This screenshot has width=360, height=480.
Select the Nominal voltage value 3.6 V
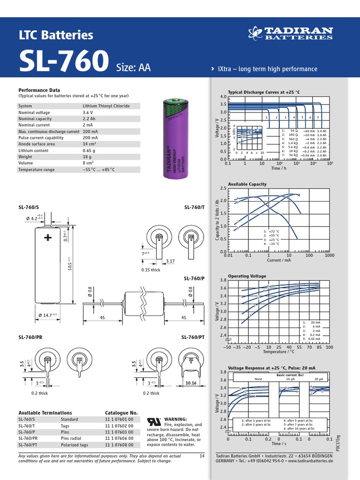coord(88,112)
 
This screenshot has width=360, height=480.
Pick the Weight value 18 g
coord(87,157)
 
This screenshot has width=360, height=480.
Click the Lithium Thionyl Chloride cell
coord(105,106)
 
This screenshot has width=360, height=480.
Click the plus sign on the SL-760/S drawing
coord(48,238)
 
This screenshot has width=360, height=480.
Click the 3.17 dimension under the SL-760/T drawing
coord(170,261)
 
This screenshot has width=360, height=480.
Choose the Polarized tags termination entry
coord(74,445)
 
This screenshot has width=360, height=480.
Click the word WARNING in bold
coord(176,419)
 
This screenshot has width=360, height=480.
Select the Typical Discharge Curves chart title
coord(263,92)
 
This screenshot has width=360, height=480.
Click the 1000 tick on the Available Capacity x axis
coord(329,255)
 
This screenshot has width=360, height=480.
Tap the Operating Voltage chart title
coord(247,276)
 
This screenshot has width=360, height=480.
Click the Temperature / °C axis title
coord(278,352)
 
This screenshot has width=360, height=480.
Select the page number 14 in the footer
coord(202,456)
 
